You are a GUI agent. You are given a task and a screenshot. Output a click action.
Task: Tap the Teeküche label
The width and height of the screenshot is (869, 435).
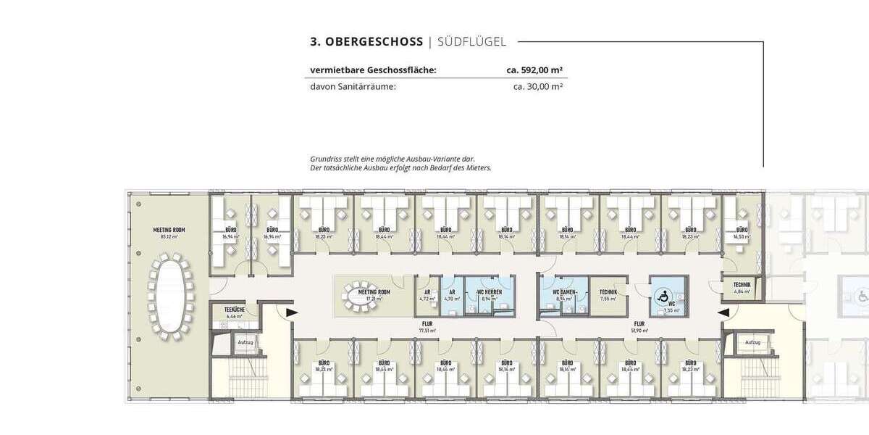coord(232,310)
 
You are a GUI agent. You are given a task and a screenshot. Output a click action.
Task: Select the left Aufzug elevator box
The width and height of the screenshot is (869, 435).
coord(245,342)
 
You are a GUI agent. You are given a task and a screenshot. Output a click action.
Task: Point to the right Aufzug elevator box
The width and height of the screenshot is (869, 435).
coord(752,341)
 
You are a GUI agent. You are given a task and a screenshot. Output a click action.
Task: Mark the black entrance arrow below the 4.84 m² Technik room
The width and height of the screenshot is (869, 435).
coord(722,312)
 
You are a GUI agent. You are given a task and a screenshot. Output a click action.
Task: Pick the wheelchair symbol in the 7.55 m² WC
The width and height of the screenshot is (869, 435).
coord(661,296)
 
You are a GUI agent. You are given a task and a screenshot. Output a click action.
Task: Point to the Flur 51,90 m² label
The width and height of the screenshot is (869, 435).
coord(640,325)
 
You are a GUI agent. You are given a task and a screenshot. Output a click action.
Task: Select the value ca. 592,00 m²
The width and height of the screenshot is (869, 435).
coord(535,70)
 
